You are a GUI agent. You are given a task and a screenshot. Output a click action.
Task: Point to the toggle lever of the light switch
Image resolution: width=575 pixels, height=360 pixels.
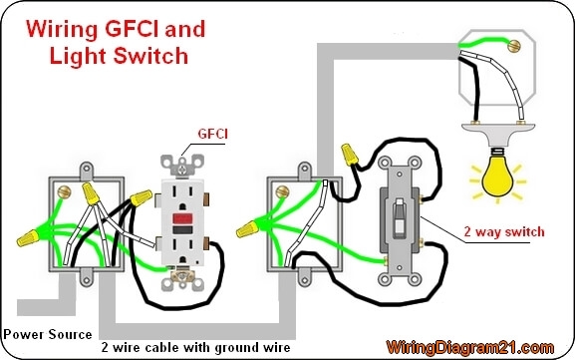[x=402, y=216]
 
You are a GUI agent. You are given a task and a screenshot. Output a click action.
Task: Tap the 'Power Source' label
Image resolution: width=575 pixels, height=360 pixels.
[x=48, y=334]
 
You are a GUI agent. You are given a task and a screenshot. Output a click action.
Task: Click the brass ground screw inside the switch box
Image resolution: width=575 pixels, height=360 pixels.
[x=284, y=187]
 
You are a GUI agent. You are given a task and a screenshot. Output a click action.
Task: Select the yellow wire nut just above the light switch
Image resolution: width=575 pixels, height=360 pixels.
[x=351, y=153]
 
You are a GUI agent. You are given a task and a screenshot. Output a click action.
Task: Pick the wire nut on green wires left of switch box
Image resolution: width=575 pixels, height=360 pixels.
[x=245, y=229]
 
